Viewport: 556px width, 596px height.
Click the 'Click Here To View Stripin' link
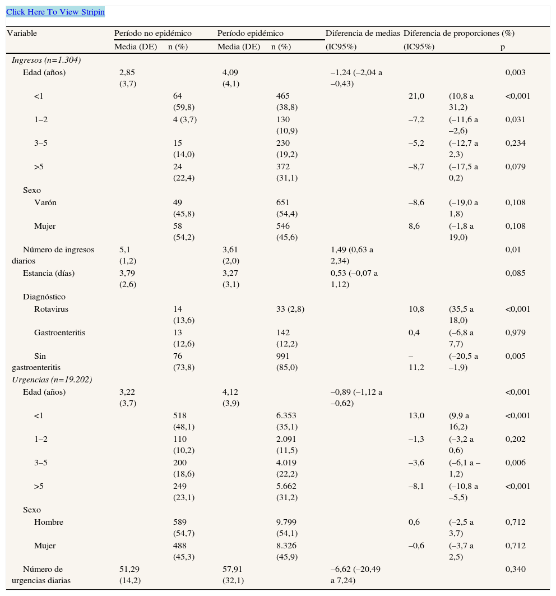[55, 12]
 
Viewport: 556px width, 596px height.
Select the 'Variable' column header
[22, 34]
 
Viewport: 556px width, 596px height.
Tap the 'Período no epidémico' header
[152, 34]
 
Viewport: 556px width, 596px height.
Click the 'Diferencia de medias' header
[362, 34]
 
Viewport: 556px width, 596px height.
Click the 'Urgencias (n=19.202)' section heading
[52, 380]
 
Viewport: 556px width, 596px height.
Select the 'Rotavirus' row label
[51, 309]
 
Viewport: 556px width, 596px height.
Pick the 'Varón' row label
[45, 202]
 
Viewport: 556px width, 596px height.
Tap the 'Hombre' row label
[49, 522]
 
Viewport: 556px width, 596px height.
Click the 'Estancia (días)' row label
[49, 274]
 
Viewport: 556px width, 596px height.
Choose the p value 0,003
[515, 72]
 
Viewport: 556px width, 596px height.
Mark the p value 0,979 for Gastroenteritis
[515, 332]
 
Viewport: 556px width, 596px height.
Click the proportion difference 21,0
[416, 96]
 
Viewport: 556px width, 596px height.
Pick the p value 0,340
[515, 569]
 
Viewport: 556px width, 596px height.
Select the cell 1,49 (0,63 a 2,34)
[352, 255]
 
